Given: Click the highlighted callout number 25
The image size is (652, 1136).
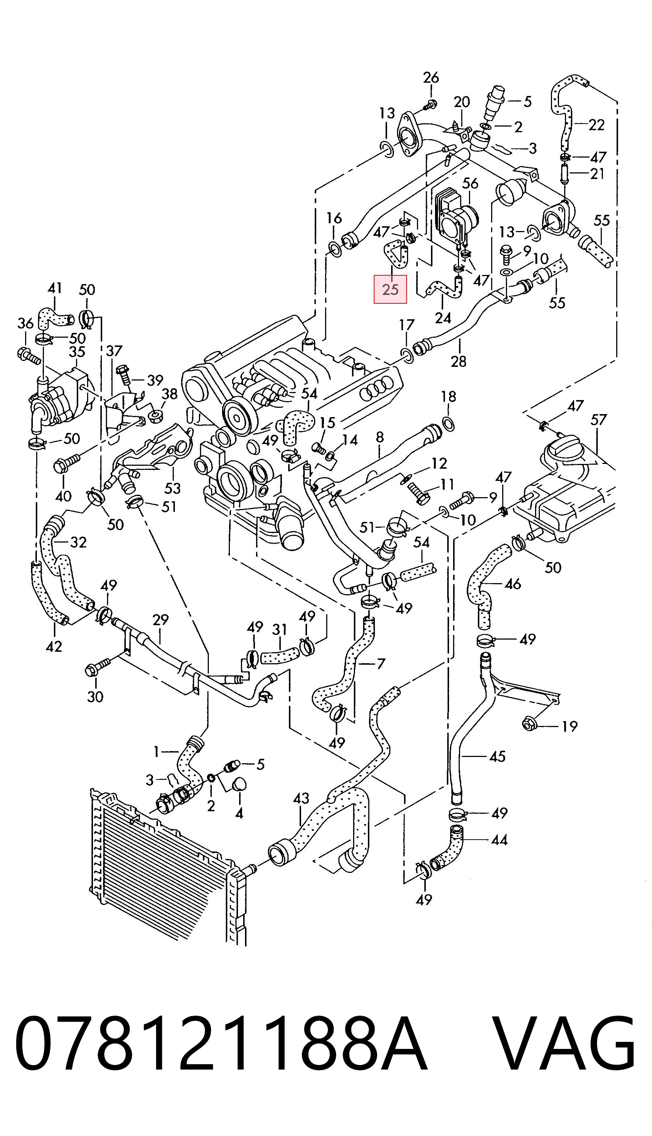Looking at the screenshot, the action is pyautogui.click(x=390, y=289).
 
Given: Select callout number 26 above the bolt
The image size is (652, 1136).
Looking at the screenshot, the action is pyautogui.click(x=431, y=78).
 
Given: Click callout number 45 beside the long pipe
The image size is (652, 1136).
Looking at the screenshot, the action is pyautogui.click(x=497, y=756).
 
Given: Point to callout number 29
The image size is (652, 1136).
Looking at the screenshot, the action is pyautogui.click(x=160, y=620).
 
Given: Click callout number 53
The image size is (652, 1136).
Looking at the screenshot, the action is pyautogui.click(x=172, y=488).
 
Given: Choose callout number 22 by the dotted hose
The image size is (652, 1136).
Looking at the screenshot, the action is pyautogui.click(x=597, y=124).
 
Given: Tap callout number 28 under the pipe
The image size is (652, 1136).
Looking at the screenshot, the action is pyautogui.click(x=459, y=361).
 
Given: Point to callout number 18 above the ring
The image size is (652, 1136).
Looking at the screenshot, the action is pyautogui.click(x=448, y=396).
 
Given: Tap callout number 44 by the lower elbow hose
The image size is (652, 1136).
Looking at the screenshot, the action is pyautogui.click(x=499, y=840).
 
